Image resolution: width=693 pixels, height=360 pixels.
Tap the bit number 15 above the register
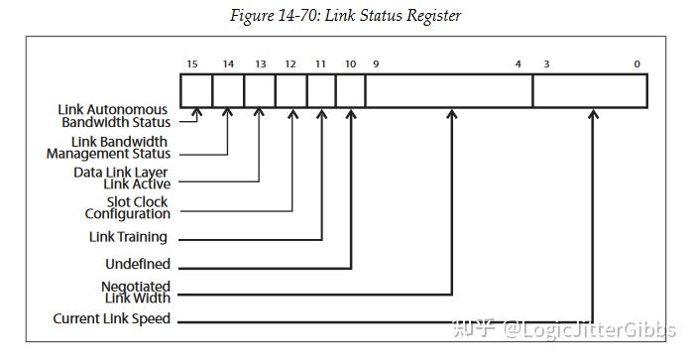point(192,64)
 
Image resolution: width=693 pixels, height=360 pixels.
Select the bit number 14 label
point(228,64)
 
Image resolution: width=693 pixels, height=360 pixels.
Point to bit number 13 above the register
point(260,64)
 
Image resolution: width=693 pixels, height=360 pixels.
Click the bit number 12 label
point(290,64)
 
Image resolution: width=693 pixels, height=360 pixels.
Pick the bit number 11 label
point(321,64)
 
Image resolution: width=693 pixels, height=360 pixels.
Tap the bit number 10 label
point(351,64)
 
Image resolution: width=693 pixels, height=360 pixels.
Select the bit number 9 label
point(376,64)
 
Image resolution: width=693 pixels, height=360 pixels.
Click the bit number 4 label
point(518,64)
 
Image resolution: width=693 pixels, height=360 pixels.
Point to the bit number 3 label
point(545,64)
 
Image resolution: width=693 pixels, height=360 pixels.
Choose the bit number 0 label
point(637,64)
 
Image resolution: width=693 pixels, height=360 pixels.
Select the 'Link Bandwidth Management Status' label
point(108,147)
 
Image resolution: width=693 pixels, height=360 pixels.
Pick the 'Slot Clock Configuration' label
point(126,207)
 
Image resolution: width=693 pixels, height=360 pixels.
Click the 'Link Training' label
point(129,237)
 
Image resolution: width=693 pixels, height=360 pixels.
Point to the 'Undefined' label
point(138,265)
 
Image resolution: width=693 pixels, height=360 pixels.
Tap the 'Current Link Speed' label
point(112,319)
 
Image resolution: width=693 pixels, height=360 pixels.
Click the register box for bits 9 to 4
point(448,90)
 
